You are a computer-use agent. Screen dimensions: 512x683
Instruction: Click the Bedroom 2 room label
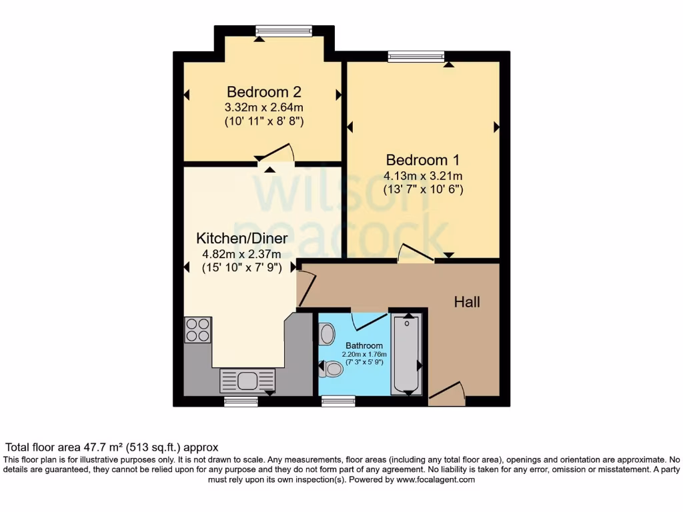tap(259, 92)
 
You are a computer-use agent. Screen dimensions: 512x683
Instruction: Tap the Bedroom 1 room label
tap(422, 160)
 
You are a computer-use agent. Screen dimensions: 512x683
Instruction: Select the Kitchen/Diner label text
tap(241, 238)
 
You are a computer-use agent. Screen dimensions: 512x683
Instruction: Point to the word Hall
tap(467, 302)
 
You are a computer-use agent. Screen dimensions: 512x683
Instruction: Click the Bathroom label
tap(364, 345)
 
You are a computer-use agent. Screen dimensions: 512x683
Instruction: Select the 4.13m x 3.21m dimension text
tap(422, 176)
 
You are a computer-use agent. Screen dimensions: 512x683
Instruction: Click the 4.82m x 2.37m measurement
tap(241, 253)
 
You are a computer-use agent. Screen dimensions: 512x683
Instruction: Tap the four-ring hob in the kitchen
tap(198, 330)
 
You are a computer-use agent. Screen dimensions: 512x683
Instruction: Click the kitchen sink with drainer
tap(247, 381)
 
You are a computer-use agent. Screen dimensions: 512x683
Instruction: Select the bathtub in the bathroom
tap(406, 355)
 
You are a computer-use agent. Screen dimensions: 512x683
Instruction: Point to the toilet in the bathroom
tap(330, 369)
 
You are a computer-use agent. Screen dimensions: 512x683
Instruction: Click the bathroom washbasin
tap(327, 333)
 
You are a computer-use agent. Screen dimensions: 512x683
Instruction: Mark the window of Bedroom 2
tap(283, 31)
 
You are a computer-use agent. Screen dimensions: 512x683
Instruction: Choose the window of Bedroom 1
tap(416, 57)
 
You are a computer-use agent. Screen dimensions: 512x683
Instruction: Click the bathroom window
tap(338, 401)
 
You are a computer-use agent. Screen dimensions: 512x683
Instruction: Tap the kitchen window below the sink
tap(241, 401)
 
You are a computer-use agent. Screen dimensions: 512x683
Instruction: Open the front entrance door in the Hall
tap(446, 395)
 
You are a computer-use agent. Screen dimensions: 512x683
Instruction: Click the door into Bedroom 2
tap(275, 154)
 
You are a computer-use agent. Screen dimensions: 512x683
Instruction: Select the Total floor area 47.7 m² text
tap(112, 447)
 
